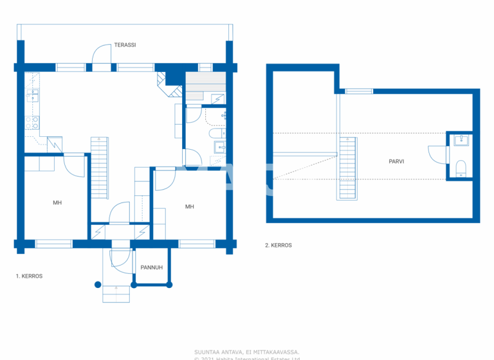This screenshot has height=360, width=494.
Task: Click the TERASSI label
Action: pyautogui.click(x=125, y=45)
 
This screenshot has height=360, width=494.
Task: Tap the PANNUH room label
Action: pyautogui.click(x=151, y=267)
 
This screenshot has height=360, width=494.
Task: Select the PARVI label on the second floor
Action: pyautogui.click(x=396, y=161)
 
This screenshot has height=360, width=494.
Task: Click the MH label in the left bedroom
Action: pyautogui.click(x=57, y=203)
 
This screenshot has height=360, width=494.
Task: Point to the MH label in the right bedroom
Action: pyautogui.click(x=189, y=206)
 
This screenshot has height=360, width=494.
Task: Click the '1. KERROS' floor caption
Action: pyautogui.click(x=29, y=276)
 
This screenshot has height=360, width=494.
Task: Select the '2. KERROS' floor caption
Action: pyautogui.click(x=278, y=245)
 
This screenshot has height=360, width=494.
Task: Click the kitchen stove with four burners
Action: pyautogui.click(x=33, y=119)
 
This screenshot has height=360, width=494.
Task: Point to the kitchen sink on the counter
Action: pyautogui.click(x=33, y=96)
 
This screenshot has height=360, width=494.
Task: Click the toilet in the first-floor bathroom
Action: pyautogui.click(x=215, y=134)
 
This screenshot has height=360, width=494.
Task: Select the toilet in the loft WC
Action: pyautogui.click(x=461, y=169)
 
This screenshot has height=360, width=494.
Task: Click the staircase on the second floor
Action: pyautogui.click(x=347, y=168)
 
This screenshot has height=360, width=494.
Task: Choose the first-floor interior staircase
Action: pyautogui.click(x=100, y=167)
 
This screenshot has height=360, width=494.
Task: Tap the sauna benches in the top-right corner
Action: pyautogui.click(x=205, y=84)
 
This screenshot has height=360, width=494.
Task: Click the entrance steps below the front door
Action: pyautogui.click(x=116, y=293)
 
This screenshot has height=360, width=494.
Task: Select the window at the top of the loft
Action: pyautogui.click(x=359, y=91)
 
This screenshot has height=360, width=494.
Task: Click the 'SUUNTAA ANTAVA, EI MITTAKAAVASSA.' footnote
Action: pyautogui.click(x=247, y=352)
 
